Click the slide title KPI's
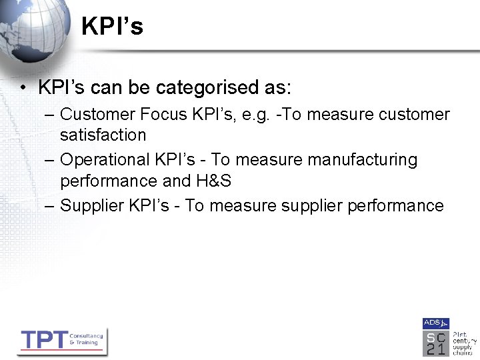click(x=112, y=27)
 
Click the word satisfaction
click(x=103, y=135)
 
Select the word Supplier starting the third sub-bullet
click(x=91, y=205)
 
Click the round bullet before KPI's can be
click(x=23, y=88)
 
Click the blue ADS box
click(x=435, y=323)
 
